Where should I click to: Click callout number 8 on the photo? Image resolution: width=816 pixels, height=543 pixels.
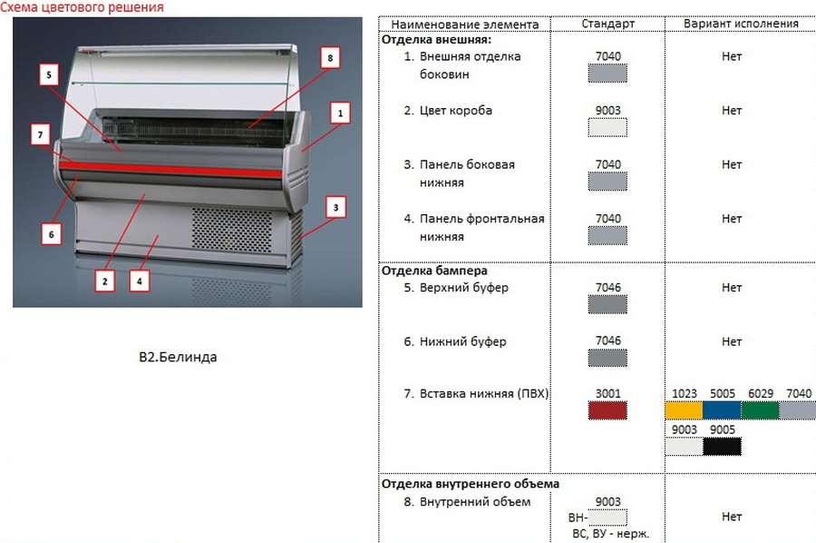pos(329,57)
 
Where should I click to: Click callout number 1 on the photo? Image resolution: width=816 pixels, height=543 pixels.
pos(340,114)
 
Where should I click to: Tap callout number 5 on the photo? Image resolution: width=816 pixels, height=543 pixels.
pos(49,74)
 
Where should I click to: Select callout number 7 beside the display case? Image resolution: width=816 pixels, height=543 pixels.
pos(38,134)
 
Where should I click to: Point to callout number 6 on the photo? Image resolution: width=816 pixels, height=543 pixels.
pos(51,234)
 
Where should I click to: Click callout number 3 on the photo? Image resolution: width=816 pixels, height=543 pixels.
pos(336,208)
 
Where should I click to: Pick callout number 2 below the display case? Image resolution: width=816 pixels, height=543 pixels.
pos(105,281)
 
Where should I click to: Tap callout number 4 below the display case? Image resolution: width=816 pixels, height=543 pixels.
pos(139,281)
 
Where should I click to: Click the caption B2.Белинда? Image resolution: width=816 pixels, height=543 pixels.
pos(178,357)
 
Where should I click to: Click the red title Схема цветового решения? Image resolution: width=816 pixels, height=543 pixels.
pos(83,7)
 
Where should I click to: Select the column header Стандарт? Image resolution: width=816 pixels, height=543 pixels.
pos(608,24)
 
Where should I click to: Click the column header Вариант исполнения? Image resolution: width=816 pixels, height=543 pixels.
pos(741,24)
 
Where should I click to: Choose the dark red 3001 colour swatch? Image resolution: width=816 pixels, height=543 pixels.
pos(607,411)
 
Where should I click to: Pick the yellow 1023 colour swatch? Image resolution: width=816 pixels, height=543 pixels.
pos(684,410)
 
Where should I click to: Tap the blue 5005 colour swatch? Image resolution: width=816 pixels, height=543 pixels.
pos(722,410)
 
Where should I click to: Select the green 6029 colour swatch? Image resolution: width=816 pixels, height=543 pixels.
pos(760,410)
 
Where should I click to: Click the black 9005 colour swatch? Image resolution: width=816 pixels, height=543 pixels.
pos(722,446)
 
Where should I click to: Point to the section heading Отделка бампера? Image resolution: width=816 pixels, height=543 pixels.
pos(434,271)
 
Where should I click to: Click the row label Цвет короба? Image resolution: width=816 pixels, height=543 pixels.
pos(456,111)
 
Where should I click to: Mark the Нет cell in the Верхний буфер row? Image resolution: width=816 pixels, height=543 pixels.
pos(732,287)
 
